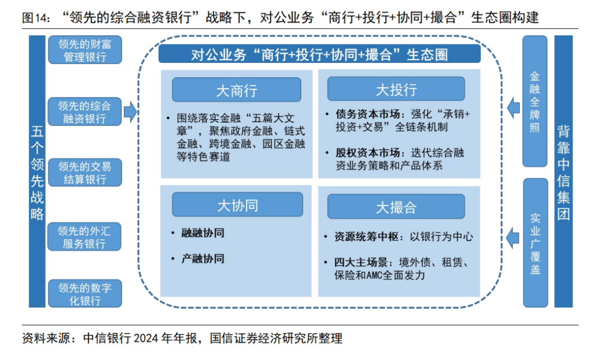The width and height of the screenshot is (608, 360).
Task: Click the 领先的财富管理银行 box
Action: coord(84,50)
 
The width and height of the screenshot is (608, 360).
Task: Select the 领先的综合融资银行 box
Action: coord(84,112)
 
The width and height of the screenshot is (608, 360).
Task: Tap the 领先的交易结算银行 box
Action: coord(84,173)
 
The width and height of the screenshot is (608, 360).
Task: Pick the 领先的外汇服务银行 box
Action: coord(84,237)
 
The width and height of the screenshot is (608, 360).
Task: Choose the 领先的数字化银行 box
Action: coord(84,294)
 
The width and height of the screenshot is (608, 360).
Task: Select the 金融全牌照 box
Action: coord(535,101)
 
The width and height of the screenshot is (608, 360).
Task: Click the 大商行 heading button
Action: coord(236,90)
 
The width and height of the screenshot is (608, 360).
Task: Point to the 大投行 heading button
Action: coord(396,89)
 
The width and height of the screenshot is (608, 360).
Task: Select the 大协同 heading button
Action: coord(237,205)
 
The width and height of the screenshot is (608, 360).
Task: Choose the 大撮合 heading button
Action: coord(396,206)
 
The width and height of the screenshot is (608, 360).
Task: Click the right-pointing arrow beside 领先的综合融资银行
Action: coord(130,112)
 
